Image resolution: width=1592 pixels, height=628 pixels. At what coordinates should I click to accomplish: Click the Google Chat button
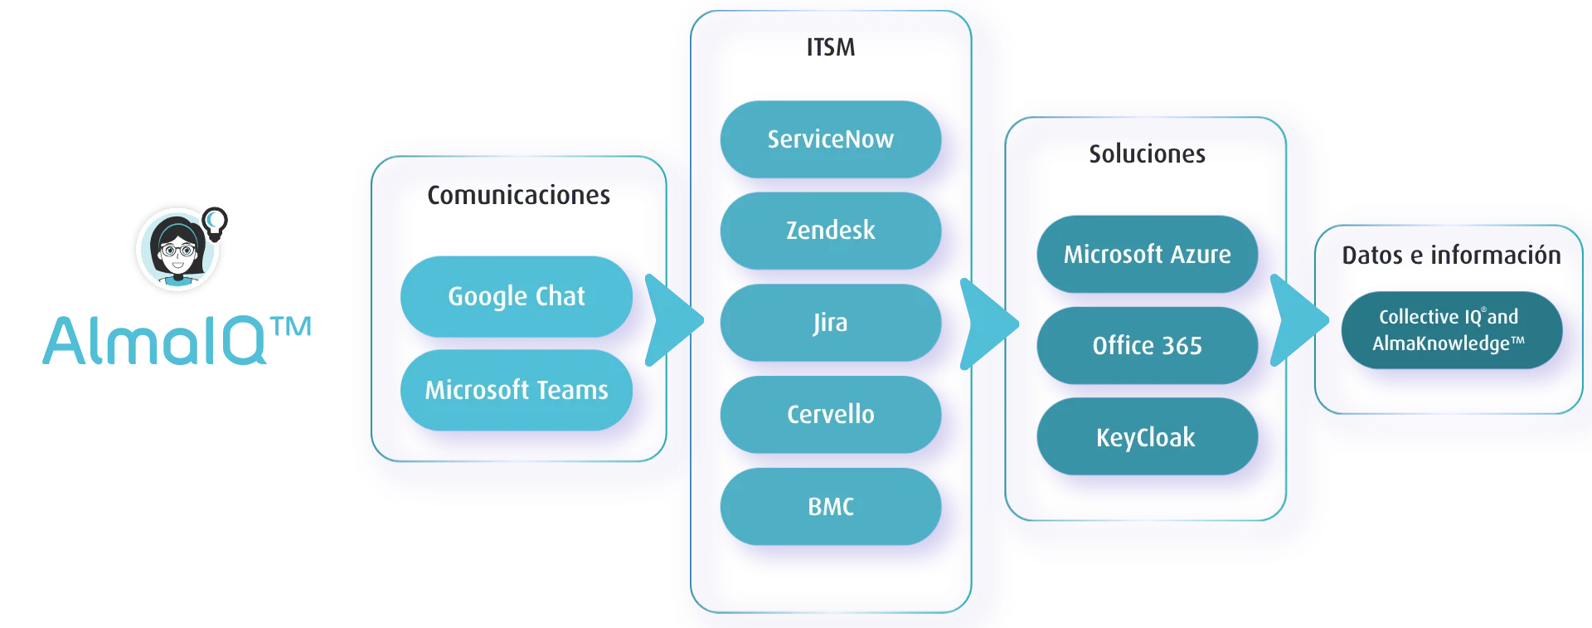tap(517, 296)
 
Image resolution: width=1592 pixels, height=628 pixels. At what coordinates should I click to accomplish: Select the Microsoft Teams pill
tap(517, 390)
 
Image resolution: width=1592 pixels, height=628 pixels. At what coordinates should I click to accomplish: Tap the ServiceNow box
tap(831, 139)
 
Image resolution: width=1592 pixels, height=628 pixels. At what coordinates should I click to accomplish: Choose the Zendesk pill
tap(831, 231)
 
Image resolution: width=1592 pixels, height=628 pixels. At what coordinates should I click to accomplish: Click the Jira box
tap(831, 323)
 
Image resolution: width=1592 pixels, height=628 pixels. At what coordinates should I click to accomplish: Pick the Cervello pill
tap(831, 414)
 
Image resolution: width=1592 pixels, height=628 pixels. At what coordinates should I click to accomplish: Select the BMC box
tap(831, 506)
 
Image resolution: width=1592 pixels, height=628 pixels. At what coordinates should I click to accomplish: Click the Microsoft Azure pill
tap(1148, 254)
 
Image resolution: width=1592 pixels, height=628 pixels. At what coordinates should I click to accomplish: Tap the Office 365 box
tap(1148, 345)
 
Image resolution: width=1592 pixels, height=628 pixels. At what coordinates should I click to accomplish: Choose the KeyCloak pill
tap(1148, 436)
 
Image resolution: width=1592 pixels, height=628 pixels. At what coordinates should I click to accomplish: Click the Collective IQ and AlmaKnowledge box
tap(1452, 330)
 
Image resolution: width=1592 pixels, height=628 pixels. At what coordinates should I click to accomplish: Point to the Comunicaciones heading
tap(519, 195)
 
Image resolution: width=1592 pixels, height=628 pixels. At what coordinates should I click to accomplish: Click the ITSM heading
tap(831, 47)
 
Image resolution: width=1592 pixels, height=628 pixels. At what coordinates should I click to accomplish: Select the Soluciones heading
tap(1148, 153)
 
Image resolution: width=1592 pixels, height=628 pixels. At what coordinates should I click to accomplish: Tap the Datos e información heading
tap(1452, 255)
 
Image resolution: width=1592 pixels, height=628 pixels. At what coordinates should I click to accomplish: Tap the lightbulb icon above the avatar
tap(215, 222)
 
